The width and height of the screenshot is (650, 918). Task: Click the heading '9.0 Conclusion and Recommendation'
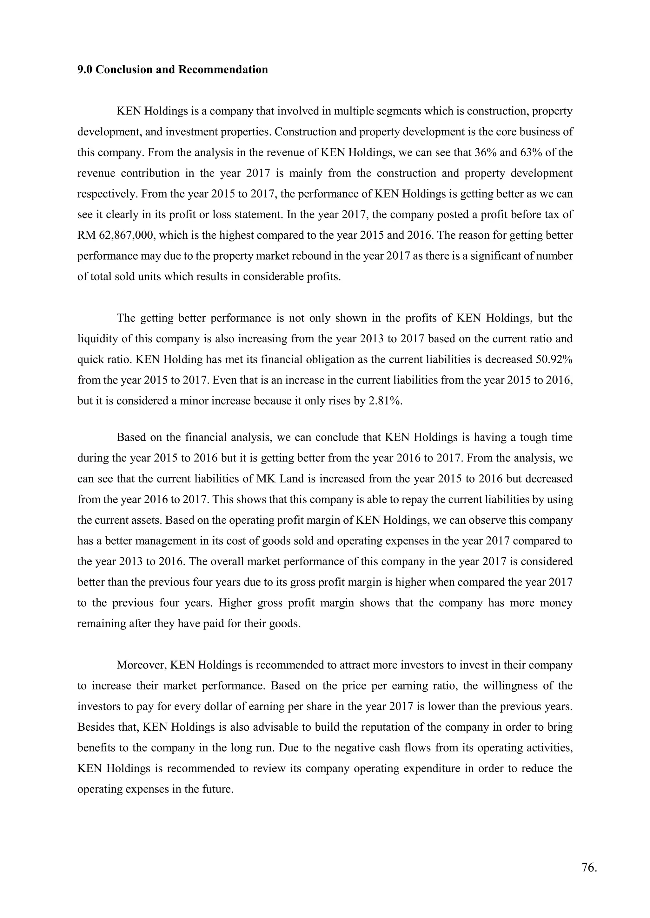tap(173, 69)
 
